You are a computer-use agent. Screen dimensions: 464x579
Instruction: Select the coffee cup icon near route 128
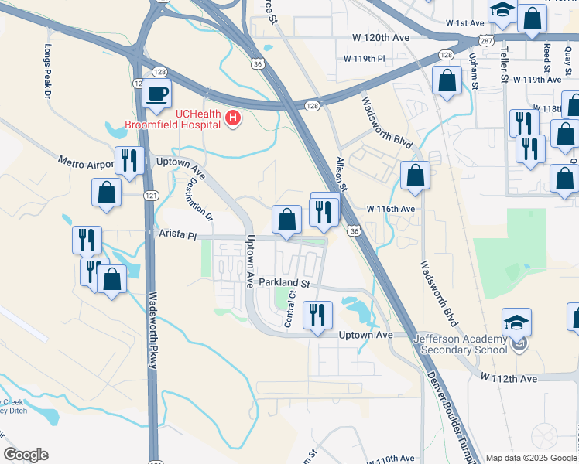click(x=158, y=94)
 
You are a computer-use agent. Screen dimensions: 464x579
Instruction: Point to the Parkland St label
click(x=284, y=284)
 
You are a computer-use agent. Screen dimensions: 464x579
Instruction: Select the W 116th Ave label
click(x=391, y=210)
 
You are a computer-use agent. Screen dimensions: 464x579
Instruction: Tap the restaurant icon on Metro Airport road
click(x=128, y=161)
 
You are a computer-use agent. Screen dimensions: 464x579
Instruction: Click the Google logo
click(x=26, y=455)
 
